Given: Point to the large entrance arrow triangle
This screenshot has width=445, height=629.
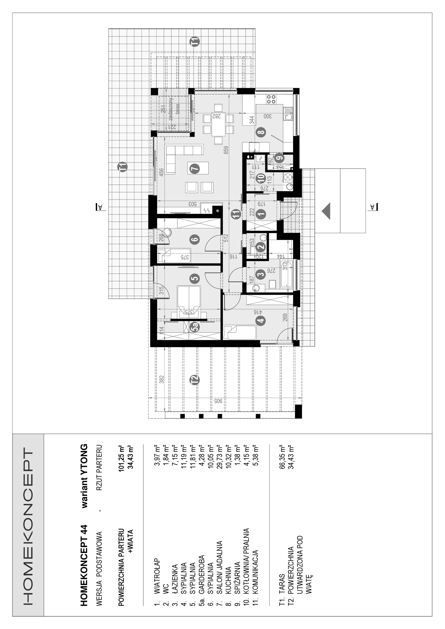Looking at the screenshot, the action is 326,211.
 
